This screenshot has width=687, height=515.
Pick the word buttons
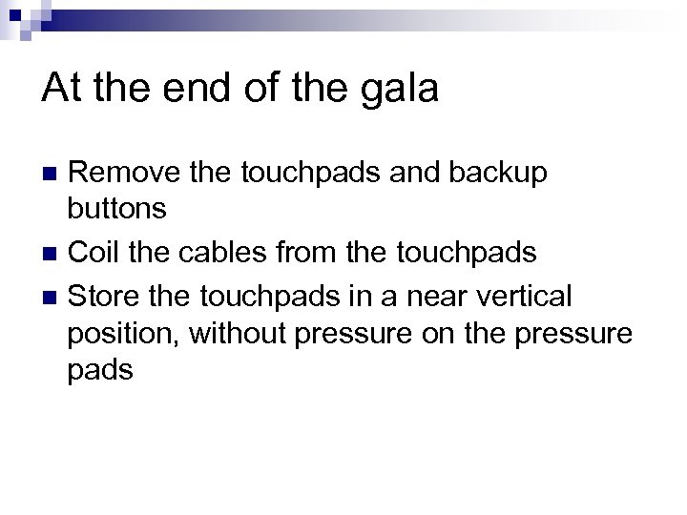point(117,209)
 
